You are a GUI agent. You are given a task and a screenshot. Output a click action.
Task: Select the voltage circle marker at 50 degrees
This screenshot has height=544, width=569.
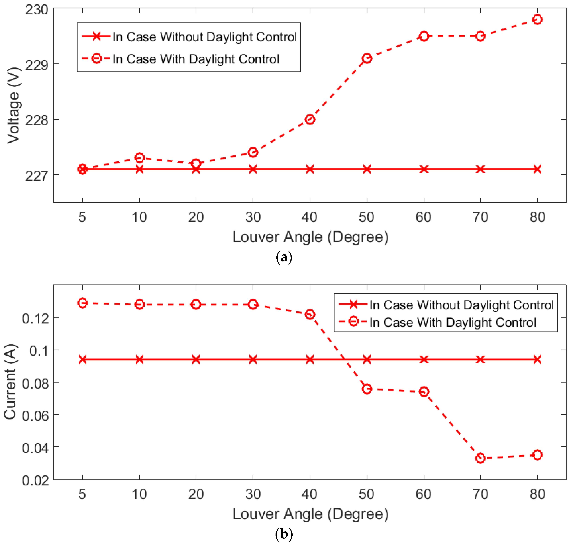click(x=367, y=58)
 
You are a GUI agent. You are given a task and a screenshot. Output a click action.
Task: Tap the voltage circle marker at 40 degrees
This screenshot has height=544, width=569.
click(x=310, y=119)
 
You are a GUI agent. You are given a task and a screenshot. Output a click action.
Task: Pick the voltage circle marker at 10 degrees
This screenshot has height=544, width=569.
click(x=139, y=158)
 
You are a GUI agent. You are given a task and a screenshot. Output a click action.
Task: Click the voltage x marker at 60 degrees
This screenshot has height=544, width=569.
click(x=424, y=169)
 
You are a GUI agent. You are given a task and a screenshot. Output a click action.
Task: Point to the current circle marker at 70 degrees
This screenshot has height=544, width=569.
click(x=480, y=458)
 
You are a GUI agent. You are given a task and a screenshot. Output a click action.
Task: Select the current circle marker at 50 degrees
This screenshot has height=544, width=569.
click(x=367, y=389)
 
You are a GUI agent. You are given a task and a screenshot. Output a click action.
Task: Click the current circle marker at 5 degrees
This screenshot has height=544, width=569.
click(x=83, y=303)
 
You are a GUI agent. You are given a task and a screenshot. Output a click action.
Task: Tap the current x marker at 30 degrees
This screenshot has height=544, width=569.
click(x=253, y=360)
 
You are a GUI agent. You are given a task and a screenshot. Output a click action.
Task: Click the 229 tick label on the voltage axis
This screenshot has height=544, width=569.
click(x=37, y=65)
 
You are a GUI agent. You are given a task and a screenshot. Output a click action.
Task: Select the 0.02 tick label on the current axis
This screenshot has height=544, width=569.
click(x=35, y=481)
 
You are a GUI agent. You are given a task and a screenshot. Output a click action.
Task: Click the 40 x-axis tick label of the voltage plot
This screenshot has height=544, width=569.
click(x=309, y=217)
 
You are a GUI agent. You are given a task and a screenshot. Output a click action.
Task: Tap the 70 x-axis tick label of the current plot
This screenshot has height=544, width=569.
click(x=480, y=494)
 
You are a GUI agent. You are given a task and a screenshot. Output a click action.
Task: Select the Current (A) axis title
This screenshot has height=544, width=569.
click(x=10, y=382)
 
